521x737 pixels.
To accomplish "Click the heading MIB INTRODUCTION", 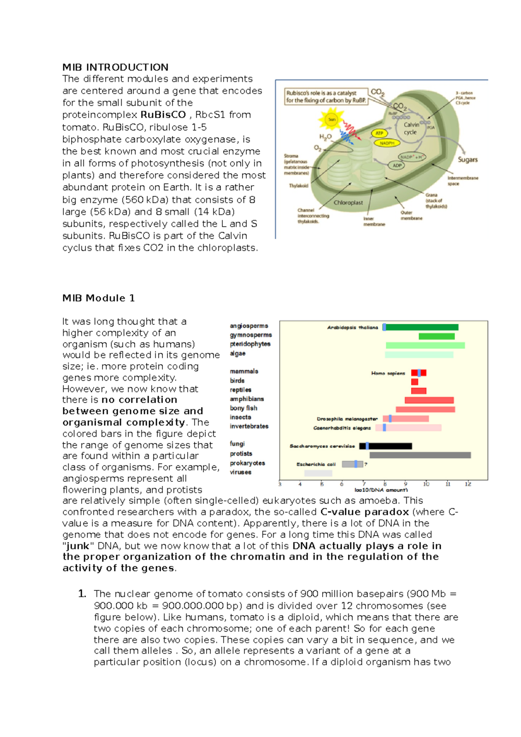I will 115,67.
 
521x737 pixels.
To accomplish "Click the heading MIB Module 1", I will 99,298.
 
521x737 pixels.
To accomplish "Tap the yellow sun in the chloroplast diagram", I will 331,119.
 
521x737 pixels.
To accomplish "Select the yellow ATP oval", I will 379,133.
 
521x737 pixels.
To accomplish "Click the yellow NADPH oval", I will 387,143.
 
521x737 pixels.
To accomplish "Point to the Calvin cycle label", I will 411,128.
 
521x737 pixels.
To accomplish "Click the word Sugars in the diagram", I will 468,160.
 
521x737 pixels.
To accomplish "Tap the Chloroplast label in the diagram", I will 348,203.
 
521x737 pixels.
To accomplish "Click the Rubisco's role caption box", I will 326,96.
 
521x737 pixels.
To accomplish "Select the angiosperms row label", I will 249,326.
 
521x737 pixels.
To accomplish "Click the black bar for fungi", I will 389,446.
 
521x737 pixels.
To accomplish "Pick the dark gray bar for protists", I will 420,455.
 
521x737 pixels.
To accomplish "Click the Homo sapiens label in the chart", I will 388,373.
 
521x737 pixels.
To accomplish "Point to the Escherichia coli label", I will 316,464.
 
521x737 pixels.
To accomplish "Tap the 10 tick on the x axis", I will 426,484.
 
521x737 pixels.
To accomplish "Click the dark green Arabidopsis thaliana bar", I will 421,327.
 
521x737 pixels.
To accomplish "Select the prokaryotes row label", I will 247,463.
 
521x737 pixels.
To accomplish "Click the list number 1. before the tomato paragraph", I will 82,594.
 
